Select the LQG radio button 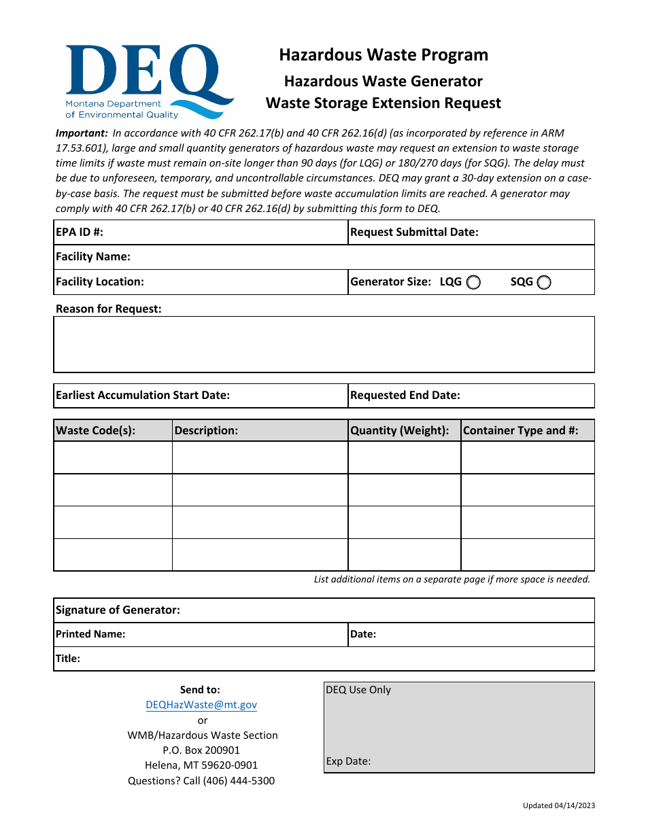474,283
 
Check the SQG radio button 544,283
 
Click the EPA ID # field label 80,232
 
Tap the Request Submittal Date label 414,232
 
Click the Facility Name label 93,256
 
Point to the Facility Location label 100,281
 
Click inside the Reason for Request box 324,344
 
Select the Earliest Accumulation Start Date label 143,395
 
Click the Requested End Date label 405,395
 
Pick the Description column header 206,430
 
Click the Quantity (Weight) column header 400,430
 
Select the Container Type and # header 521,430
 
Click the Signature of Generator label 118,610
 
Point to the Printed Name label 90,634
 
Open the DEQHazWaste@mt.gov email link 201,705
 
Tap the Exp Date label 348,761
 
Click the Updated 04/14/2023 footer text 559,805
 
